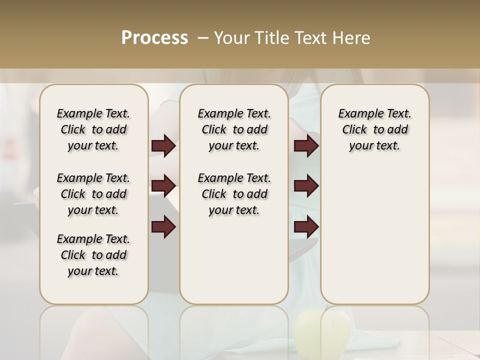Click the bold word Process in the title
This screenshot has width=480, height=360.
coord(154,38)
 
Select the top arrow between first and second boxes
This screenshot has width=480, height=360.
coord(163,146)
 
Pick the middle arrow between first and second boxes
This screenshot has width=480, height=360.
coord(163,186)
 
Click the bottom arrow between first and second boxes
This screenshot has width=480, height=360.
coord(163,227)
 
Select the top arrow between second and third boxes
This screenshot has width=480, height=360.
coord(306,146)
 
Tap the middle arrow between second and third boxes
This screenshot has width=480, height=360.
coord(306,186)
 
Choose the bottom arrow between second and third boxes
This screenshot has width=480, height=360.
coord(306,227)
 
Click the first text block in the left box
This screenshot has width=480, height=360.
coord(93,129)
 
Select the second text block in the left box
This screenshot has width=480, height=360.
coord(93,194)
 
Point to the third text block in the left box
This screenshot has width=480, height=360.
coord(93,255)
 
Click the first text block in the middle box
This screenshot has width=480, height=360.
coord(234,129)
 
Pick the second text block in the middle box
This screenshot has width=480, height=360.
coord(234,194)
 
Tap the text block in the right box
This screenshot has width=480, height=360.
coord(374,129)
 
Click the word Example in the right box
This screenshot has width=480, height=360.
coord(357,114)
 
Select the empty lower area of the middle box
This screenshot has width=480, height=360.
coord(234,260)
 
